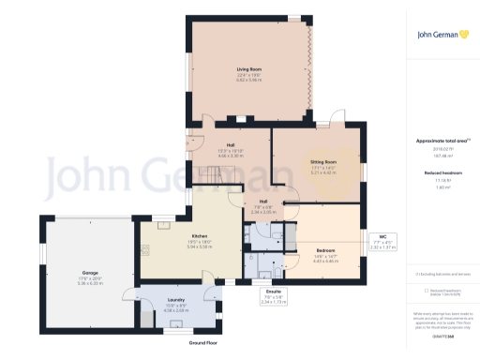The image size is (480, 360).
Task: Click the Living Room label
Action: click(248, 70)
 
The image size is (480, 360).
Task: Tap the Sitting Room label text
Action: click(323, 161)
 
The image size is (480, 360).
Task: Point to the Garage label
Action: click(89, 273)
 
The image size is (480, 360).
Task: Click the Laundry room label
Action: click(174, 299)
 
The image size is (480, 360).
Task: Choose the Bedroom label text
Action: click(325, 250)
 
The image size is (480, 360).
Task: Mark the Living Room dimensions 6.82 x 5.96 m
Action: click(248, 82)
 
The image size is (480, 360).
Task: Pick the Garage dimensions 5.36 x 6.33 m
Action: click(89, 283)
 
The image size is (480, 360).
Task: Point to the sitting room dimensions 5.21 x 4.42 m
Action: click(323, 172)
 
